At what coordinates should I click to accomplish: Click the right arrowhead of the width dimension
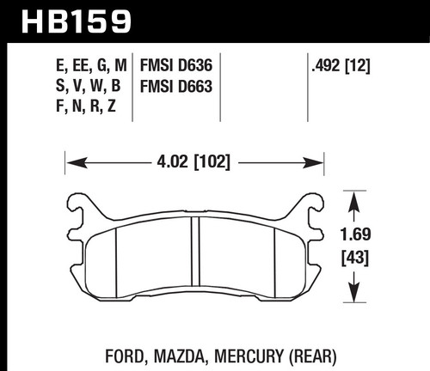pyautogui.click(x=317, y=160)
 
